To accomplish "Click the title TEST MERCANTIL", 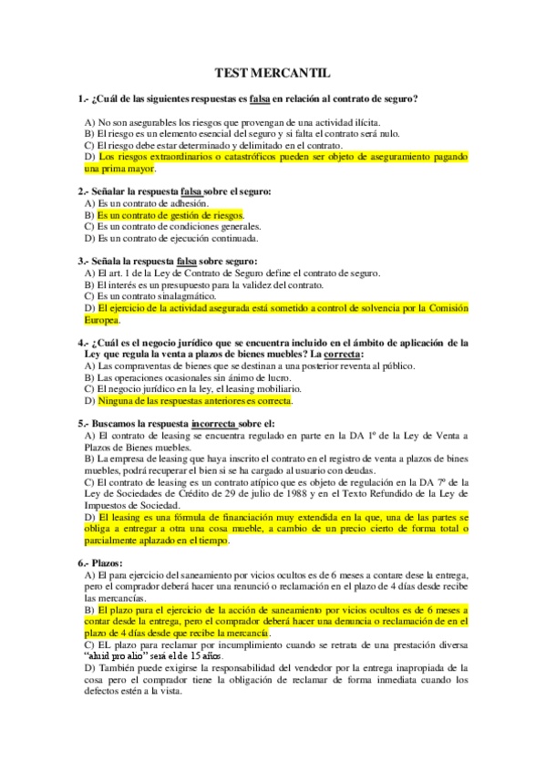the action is (x=273, y=72).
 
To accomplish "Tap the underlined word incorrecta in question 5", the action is (x=212, y=424).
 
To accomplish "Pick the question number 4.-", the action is (x=84, y=343).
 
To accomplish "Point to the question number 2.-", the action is (x=84, y=191).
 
